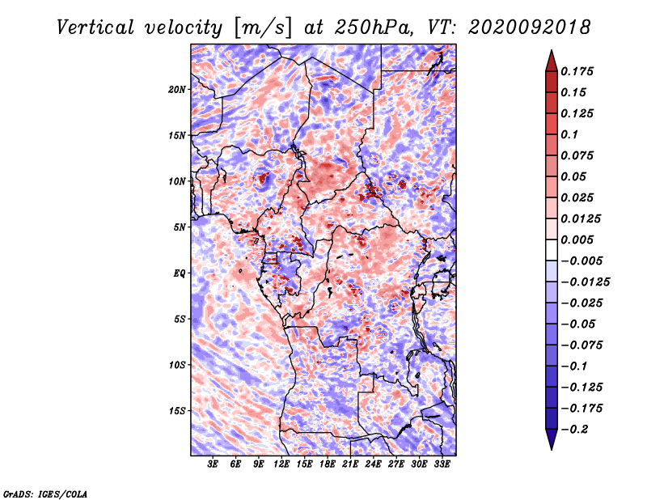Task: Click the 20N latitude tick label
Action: click(x=177, y=90)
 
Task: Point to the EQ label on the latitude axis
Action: click(x=180, y=273)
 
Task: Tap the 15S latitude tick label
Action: click(x=177, y=411)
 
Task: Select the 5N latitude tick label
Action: click(x=180, y=227)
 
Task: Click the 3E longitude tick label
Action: click(x=213, y=464)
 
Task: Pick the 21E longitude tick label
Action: click(x=350, y=464)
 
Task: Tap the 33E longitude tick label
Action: click(x=442, y=464)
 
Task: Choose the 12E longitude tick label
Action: click(x=281, y=464)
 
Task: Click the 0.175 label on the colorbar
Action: click(x=577, y=71)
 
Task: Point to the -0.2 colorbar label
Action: click(x=575, y=430)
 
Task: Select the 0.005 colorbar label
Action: click(x=577, y=239)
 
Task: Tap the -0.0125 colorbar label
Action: click(x=585, y=282)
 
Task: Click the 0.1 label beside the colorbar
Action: click(x=569, y=134)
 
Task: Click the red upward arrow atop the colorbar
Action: click(x=552, y=61)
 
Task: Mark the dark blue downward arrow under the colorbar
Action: click(x=552, y=439)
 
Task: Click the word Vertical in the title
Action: click(x=95, y=28)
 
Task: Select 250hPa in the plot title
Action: click(x=374, y=28)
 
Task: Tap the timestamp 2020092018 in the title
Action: click(x=530, y=28)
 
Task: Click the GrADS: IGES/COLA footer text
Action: click(x=45, y=494)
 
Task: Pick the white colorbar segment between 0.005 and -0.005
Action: click(x=552, y=250)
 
